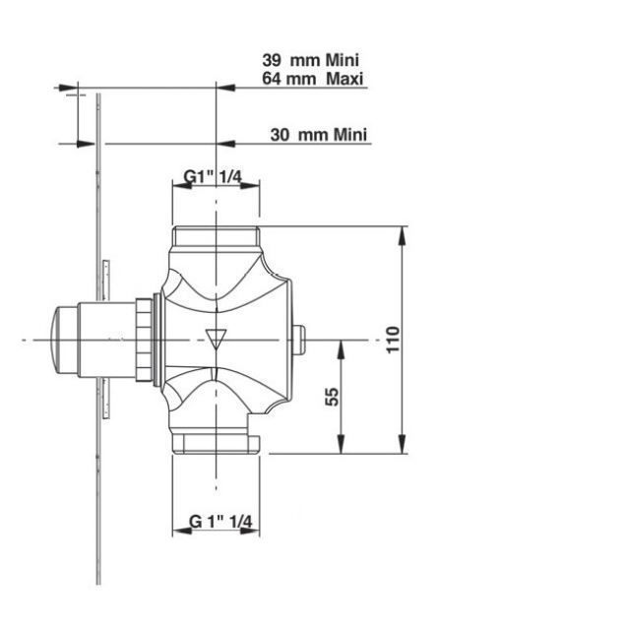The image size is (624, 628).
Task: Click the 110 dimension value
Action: click(393, 340)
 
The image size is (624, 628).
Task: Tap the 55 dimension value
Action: click(332, 397)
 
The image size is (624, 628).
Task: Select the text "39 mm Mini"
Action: click(310, 60)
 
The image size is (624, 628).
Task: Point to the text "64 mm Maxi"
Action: click(313, 78)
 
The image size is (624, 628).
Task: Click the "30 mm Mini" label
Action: click(319, 135)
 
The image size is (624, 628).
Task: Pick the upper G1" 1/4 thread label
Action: click(213, 176)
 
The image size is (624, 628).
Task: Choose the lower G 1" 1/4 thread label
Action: click(220, 522)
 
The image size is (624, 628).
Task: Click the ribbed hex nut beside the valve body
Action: click(144, 340)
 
